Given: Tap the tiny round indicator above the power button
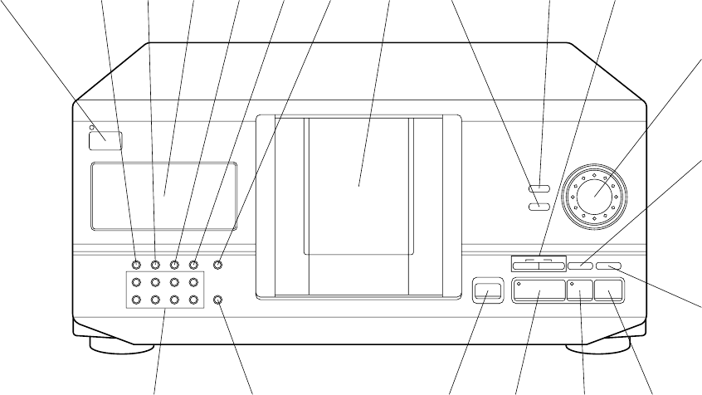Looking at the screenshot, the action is [90, 129].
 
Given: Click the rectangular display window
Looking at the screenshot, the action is [163, 195].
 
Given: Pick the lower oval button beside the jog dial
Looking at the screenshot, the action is [539, 206].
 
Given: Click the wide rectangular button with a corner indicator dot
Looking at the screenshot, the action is [539, 292].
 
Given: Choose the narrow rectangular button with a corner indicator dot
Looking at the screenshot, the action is [581, 292].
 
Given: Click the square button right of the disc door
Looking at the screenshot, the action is [486, 290].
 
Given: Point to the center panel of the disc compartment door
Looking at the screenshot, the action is [358, 184].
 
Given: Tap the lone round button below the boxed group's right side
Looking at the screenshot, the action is [217, 299].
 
